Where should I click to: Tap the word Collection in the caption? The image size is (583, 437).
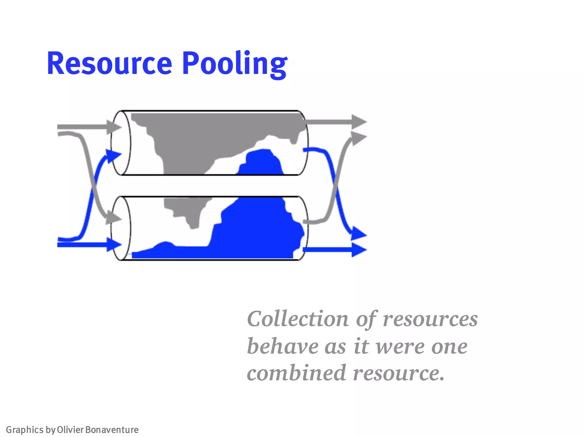(x=298, y=319)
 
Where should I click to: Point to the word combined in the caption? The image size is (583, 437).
(x=296, y=373)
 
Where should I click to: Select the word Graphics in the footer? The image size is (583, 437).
(x=24, y=430)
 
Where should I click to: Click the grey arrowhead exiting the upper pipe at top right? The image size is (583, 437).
(x=359, y=122)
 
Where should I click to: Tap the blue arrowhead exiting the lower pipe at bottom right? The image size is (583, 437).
(x=359, y=250)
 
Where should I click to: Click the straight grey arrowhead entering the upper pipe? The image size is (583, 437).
(x=114, y=127)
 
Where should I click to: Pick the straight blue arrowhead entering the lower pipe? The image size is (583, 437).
(x=114, y=244)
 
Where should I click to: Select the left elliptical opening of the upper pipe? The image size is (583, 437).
(x=121, y=143)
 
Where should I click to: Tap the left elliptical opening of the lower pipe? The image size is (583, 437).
(x=121, y=228)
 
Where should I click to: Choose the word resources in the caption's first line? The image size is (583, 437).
(x=430, y=319)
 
